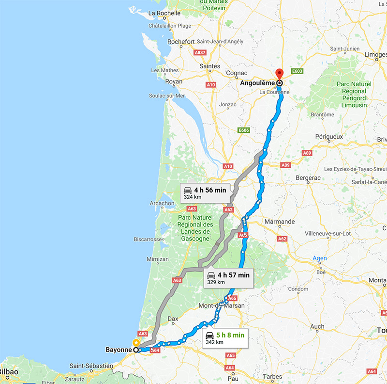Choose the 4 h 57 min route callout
228,277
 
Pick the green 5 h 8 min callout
225,337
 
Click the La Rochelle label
164,13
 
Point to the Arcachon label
162,203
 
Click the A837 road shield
200,52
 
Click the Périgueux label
329,137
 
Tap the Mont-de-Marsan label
222,306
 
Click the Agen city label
320,258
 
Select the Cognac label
237,73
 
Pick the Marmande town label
279,222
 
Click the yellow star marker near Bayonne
136,343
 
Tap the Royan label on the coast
174,81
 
